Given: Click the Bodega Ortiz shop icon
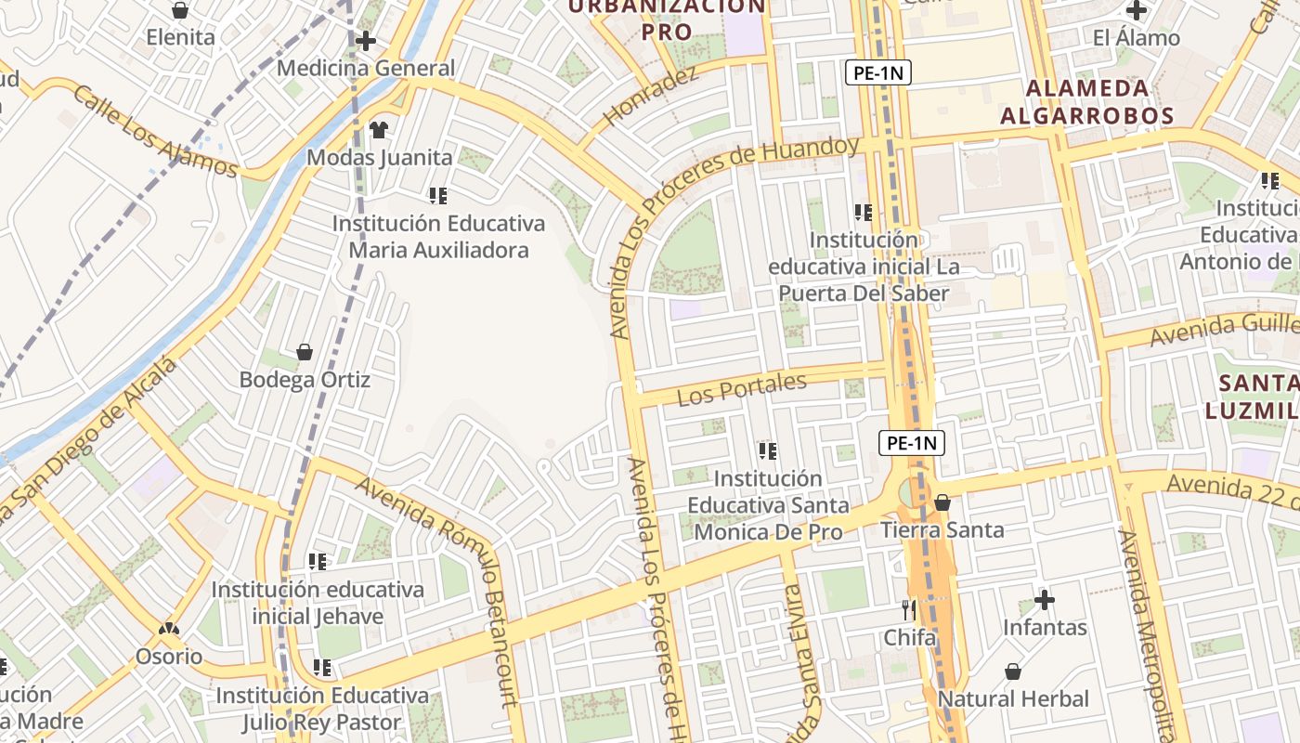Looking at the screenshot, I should pos(305,352).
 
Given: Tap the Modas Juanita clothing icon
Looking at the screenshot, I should pos(379,129).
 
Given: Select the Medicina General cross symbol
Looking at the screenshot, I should pos(366,41).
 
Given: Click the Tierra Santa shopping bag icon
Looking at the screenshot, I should pos(942,502).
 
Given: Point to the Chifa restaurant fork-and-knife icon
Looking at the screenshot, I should pos(909,609).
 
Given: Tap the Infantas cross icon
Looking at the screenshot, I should pos(1045,600).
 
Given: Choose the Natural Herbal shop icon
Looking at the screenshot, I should pos(1013,671).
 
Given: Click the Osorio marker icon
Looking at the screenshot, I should pos(168,629).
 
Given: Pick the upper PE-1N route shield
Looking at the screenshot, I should pos(877,72).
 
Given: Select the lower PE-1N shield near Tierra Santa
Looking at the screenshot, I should pos(912,443).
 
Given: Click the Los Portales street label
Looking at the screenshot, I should pos(742,389).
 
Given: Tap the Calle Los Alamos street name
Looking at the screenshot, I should pos(155,132).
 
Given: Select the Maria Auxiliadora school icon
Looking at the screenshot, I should pos(438,195).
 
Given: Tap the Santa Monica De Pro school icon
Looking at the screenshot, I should pos(768,451).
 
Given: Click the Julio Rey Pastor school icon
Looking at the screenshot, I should pos(322,668).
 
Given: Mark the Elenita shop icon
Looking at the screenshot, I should pos(180,10).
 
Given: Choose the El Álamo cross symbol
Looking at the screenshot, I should pos(1137,10).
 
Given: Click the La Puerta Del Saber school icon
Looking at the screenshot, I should pos(864,213).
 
